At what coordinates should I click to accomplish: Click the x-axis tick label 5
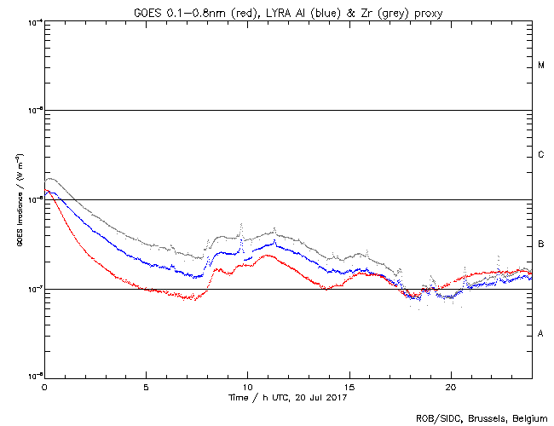point(146,385)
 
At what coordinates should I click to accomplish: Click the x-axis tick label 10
point(248,385)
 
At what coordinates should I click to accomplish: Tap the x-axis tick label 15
point(349,385)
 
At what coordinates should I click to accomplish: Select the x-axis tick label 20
point(451,385)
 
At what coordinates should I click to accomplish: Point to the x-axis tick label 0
point(44,385)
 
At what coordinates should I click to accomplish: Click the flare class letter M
point(541,66)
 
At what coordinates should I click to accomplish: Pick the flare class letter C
point(541,155)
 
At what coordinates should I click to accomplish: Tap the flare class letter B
point(541,245)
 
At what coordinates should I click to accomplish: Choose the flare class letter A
point(541,334)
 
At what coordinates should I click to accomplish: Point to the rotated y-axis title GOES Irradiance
point(19,201)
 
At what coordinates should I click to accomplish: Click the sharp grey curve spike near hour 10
point(242,227)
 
